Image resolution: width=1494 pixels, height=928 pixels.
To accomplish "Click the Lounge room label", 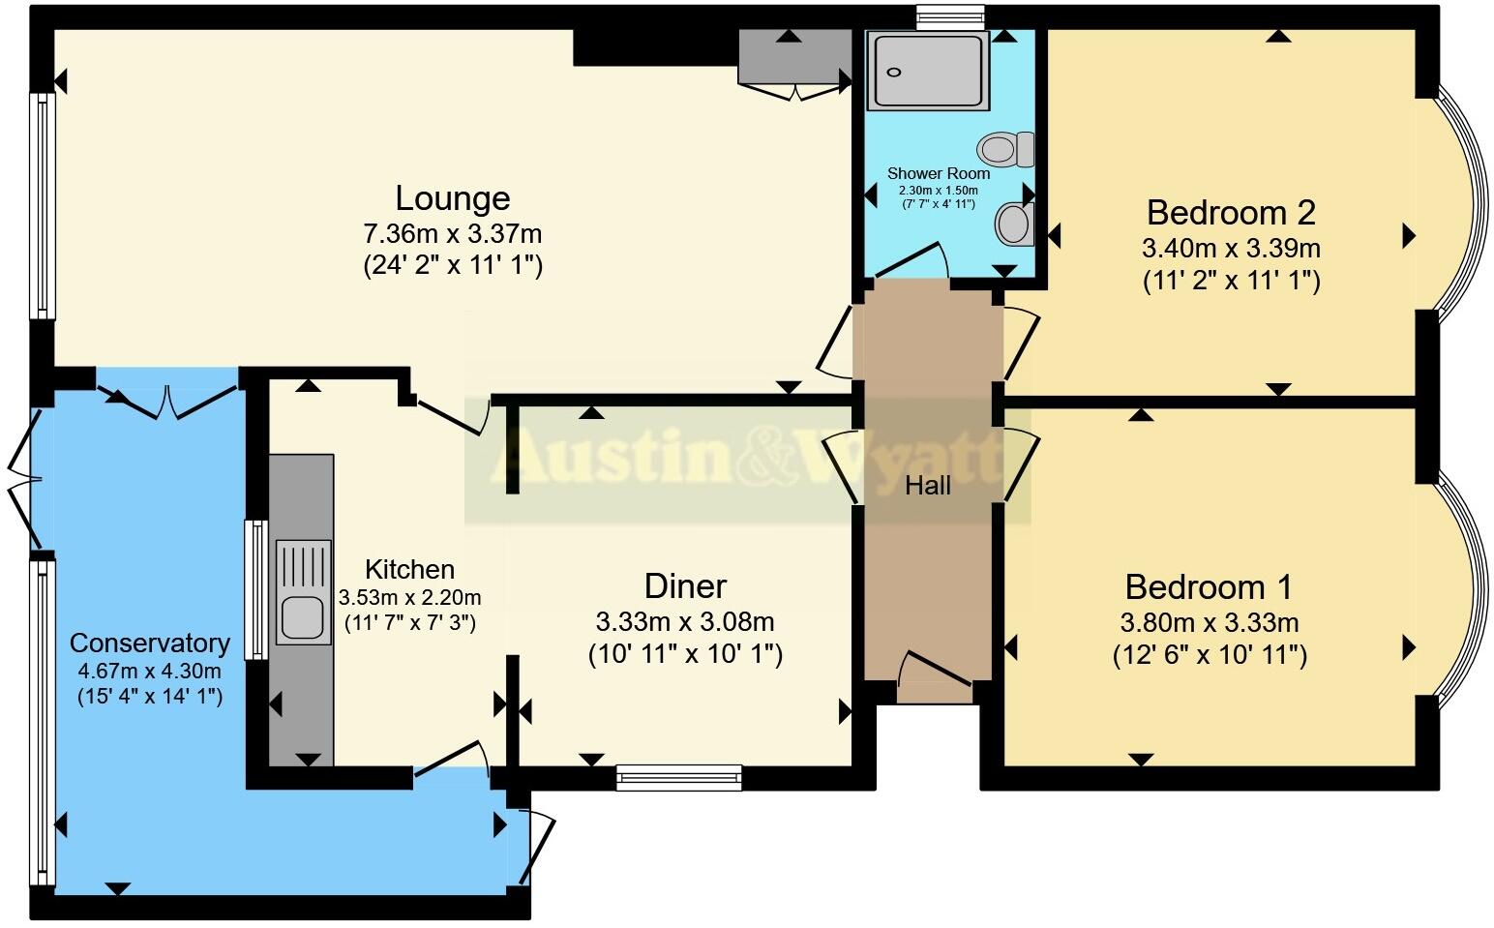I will [x=452, y=198].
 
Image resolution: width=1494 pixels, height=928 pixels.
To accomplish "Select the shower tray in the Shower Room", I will [x=927, y=70].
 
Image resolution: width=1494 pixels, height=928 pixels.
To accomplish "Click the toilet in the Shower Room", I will [x=1005, y=150].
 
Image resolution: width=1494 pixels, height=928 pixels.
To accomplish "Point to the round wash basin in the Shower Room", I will [x=1013, y=224].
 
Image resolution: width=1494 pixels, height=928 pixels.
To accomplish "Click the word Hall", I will [x=927, y=486].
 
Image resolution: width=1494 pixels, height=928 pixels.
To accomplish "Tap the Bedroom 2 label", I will [x=1231, y=212].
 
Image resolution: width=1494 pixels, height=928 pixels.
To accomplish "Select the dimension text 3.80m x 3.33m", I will [x=1210, y=622].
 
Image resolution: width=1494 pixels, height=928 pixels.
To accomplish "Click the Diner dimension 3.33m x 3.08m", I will [x=685, y=621].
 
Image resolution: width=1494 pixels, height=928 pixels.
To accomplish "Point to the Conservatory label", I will [x=150, y=644].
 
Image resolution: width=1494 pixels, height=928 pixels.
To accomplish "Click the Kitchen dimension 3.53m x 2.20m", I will [x=409, y=597].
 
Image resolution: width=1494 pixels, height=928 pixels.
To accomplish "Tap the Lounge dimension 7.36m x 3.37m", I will [x=452, y=234].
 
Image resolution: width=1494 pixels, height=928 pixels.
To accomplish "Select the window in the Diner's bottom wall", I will [x=679, y=776].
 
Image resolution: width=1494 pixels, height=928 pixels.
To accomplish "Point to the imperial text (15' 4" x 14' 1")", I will [x=150, y=696].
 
